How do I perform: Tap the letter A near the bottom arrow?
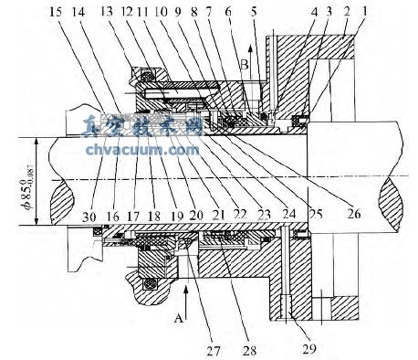click(x=167, y=311)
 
